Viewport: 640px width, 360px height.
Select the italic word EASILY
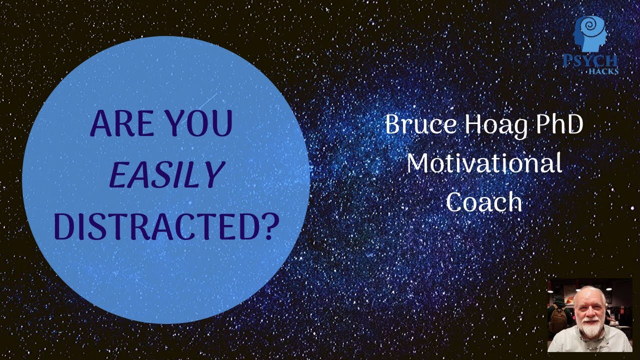(165, 176)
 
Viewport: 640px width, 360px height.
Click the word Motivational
(483, 163)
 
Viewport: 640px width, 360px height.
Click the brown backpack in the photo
(558, 317)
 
